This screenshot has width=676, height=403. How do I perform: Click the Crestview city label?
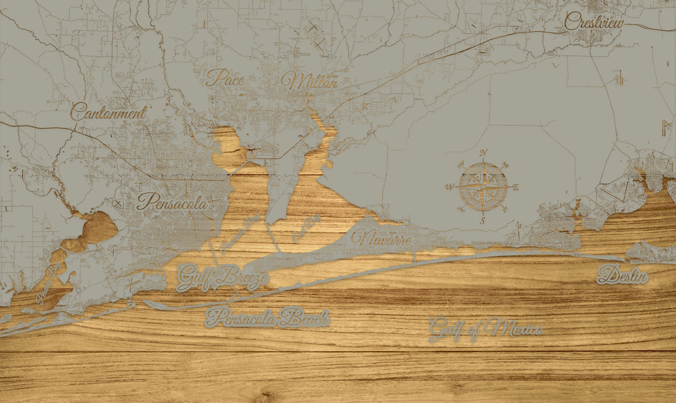click(593, 22)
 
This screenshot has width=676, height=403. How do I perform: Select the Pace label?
click(225, 78)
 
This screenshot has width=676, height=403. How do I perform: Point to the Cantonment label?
click(108, 113)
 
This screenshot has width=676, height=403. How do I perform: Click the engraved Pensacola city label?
click(172, 202)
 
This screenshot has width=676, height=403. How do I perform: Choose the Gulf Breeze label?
click(222, 277)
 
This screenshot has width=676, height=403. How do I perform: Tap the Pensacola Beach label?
click(267, 318)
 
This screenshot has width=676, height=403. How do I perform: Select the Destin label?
click(622, 275)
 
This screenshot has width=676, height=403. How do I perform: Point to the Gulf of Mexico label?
click(486, 329)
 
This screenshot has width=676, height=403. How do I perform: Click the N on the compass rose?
click(483, 153)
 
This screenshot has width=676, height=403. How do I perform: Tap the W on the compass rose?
click(449, 186)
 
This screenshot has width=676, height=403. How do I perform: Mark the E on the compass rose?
click(516, 186)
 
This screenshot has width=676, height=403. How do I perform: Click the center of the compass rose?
click(483, 186)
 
